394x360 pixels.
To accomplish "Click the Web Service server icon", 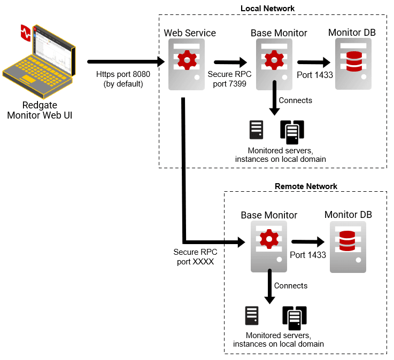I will (x=187, y=64).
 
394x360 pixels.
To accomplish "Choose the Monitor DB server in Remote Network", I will (x=347, y=245).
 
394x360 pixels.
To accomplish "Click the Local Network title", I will (x=267, y=8).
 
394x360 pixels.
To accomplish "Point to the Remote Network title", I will (x=306, y=186).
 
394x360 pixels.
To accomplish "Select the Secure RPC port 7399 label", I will (x=230, y=79).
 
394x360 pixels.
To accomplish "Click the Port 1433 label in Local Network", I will (x=315, y=75).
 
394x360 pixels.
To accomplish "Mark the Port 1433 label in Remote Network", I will (x=308, y=255).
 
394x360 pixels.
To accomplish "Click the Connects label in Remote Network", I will (x=291, y=286).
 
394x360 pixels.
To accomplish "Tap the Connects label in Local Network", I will (x=296, y=100).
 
